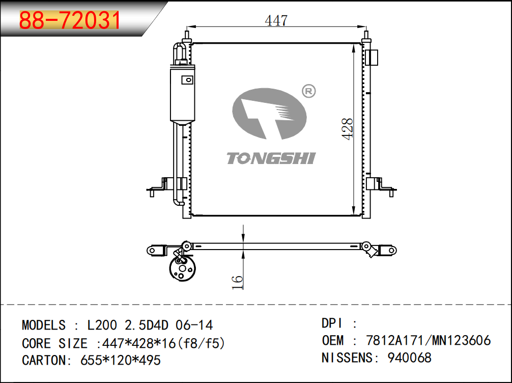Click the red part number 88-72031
[x=70, y=21]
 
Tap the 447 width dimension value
[x=276, y=20]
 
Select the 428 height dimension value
[x=347, y=129]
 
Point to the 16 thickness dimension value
[x=238, y=282]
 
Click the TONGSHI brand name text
[x=271, y=158]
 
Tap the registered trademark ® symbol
[x=309, y=91]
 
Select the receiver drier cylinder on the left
[x=182, y=94]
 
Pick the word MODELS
[x=43, y=325]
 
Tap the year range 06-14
[x=194, y=325]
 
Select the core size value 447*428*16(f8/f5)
[x=163, y=343]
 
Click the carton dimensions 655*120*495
[x=121, y=360]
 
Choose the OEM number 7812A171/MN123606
[x=428, y=340]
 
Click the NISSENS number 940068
[x=409, y=358]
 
